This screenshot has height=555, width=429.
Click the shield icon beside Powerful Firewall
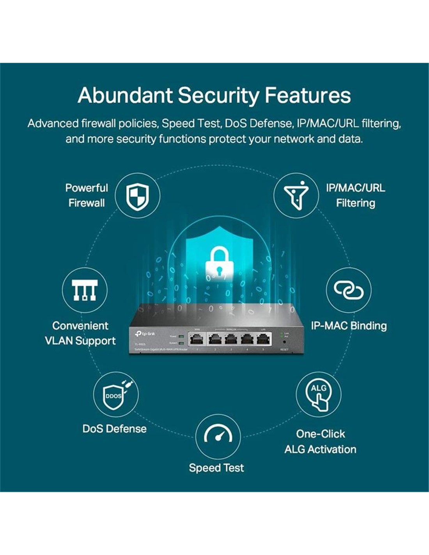coord(137,196)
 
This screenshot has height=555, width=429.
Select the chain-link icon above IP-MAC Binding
coord(348,290)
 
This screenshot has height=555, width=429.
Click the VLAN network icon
coord(85,290)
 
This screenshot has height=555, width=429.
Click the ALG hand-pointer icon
coord(318,395)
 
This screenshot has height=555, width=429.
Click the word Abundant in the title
coord(124,96)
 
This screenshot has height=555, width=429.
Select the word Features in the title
coord(308,96)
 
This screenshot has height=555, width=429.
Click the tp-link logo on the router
coord(145,333)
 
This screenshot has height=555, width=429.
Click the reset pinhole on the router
coord(284,342)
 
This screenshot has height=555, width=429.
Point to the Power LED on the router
coord(181,336)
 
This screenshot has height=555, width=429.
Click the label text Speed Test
coord(216,468)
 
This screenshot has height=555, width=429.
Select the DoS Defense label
coord(114,429)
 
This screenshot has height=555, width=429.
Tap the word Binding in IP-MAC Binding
coord(368,326)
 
